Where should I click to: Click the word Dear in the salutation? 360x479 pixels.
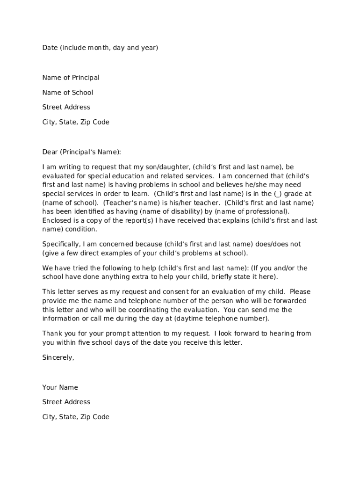tap(50, 152)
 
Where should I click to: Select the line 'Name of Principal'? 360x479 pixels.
tap(71, 78)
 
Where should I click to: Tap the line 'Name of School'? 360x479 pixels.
tap(68, 93)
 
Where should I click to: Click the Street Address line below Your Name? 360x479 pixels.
tap(66, 402)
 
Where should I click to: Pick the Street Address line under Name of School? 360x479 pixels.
tap(66, 107)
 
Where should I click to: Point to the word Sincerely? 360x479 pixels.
tap(58, 357)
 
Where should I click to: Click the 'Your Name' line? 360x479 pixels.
tap(60, 387)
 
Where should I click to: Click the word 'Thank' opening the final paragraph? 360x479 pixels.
tap(52, 334)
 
